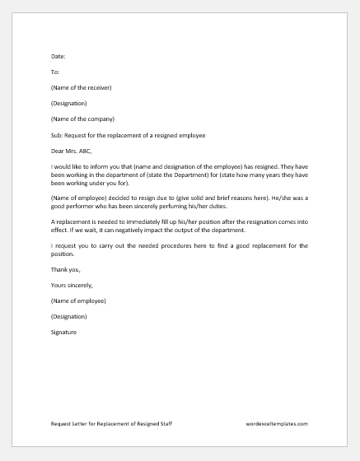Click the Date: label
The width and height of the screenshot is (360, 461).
pos(58,56)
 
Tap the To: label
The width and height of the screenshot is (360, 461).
pos(55,72)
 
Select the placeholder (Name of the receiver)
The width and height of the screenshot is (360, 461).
pos(81,87)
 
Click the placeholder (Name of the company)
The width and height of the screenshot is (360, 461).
pos(82,119)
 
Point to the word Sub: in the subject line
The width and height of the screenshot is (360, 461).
pos(57,134)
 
